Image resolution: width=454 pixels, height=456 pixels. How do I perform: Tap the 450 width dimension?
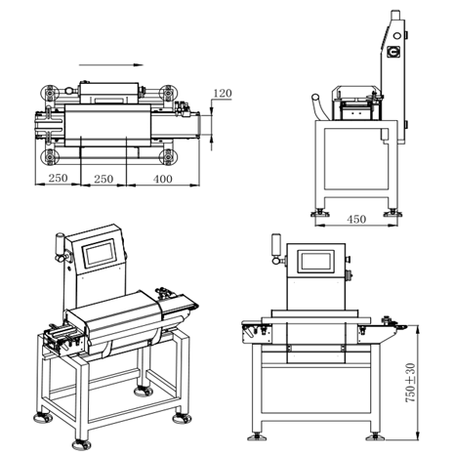(x=356, y=220)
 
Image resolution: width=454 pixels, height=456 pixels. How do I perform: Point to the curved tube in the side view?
(x=317, y=104)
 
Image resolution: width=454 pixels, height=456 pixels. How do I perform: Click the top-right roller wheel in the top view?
(x=168, y=93)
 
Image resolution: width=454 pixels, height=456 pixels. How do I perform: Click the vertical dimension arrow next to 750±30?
(x=416, y=384)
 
